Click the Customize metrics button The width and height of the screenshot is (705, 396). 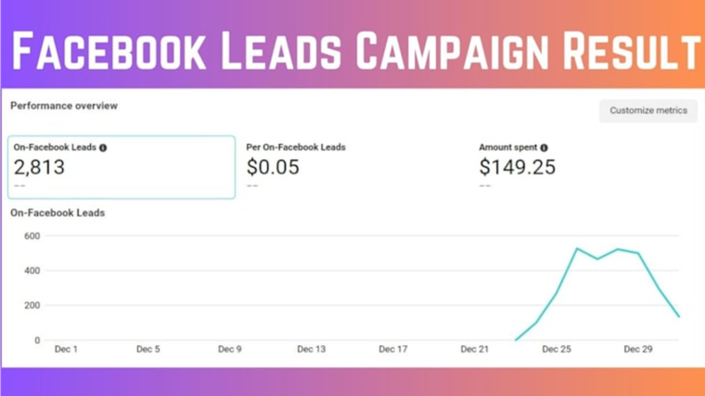pos(648,110)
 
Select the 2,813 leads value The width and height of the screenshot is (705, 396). pos(39,167)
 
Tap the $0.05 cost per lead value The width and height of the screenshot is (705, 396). pos(273,167)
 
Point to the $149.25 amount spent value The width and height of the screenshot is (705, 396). pos(517,167)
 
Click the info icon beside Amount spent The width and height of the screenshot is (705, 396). pos(544,147)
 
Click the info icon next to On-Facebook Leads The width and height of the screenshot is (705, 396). pos(103,147)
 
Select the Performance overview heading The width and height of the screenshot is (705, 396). pos(64,106)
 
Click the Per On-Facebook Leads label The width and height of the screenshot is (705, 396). pos(296,147)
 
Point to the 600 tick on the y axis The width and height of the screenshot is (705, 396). pos(32,236)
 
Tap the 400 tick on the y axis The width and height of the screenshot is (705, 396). pos(32,271)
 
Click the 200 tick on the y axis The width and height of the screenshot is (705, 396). pos(32,305)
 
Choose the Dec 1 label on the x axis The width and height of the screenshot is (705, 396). pos(66,350)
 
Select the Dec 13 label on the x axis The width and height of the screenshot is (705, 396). pos(312,350)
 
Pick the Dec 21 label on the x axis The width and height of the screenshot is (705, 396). pos(475,350)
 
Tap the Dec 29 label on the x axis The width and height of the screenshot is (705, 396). pos(638,350)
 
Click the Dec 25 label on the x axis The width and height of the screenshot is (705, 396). pos(557,350)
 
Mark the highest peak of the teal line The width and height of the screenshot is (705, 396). pos(577,249)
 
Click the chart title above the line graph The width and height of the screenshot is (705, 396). pos(58,213)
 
